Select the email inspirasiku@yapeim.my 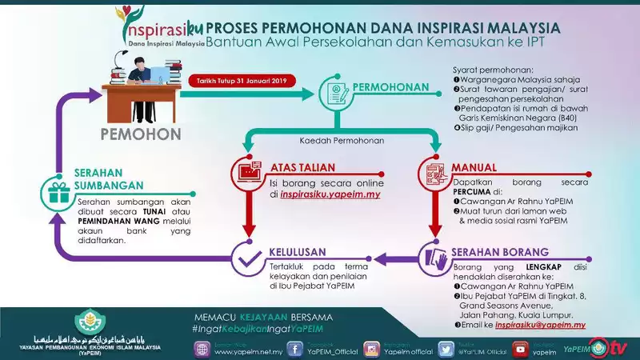point(541,326)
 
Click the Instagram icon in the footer point(372,349)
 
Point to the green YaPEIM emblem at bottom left point(90,326)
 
